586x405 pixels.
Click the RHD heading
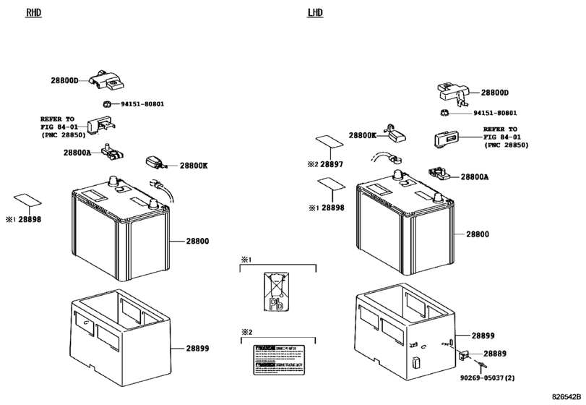click(34, 13)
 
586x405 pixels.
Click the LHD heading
click(316, 13)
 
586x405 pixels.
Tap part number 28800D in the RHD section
click(64, 81)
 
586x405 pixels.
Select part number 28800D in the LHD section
click(495, 93)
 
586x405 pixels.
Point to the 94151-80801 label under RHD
click(142, 104)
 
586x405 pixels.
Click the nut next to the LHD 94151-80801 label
click(446, 112)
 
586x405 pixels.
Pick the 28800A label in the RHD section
click(77, 153)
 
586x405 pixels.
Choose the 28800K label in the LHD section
click(363, 135)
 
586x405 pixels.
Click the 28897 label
click(332, 165)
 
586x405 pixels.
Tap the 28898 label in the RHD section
click(30, 218)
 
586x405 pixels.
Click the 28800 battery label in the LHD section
click(478, 234)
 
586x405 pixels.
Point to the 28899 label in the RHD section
click(197, 349)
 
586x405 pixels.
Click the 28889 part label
click(495, 354)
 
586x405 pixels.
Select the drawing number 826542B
click(565, 398)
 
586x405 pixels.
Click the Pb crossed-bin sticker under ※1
click(277, 292)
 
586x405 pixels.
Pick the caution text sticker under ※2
click(278, 359)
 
